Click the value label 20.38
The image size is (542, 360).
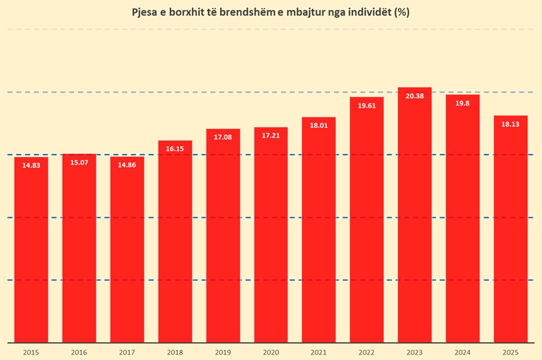pos(414,96)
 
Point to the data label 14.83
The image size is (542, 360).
pos(31,166)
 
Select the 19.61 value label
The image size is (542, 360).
pos(367,105)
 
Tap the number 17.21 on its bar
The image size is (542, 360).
pos(270,136)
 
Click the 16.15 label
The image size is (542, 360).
pos(175,149)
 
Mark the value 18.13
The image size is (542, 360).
pos(510,124)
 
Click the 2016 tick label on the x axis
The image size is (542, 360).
pos(78,352)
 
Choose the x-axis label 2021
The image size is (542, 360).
pos(318,352)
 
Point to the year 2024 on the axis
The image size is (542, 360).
pos(462,352)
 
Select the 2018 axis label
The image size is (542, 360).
pos(175,352)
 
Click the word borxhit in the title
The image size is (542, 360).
pos(188,12)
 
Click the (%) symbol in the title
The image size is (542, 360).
pos(402,12)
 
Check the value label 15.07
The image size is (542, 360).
pos(78,163)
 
